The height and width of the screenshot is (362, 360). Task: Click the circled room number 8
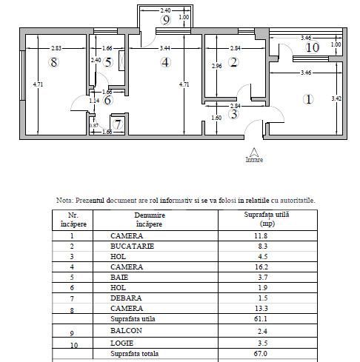[53, 62]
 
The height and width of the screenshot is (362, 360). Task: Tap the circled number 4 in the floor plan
[166, 62]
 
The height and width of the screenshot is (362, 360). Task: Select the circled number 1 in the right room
[309, 98]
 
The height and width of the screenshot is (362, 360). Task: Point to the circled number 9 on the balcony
[167, 20]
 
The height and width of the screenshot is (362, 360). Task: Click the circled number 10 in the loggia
[312, 47]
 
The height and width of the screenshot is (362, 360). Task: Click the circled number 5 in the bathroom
[108, 62]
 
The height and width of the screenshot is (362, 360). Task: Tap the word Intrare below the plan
[254, 159]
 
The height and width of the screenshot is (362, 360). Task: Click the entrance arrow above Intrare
[254, 150]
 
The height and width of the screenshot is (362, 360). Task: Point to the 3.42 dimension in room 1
[335, 97]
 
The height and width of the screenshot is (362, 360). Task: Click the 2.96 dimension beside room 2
[216, 67]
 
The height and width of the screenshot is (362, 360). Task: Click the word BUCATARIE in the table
[133, 246]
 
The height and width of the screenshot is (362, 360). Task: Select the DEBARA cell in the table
[127, 297]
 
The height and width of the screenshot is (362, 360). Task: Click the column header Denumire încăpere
[150, 219]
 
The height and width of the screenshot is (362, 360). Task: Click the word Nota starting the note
[66, 200]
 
